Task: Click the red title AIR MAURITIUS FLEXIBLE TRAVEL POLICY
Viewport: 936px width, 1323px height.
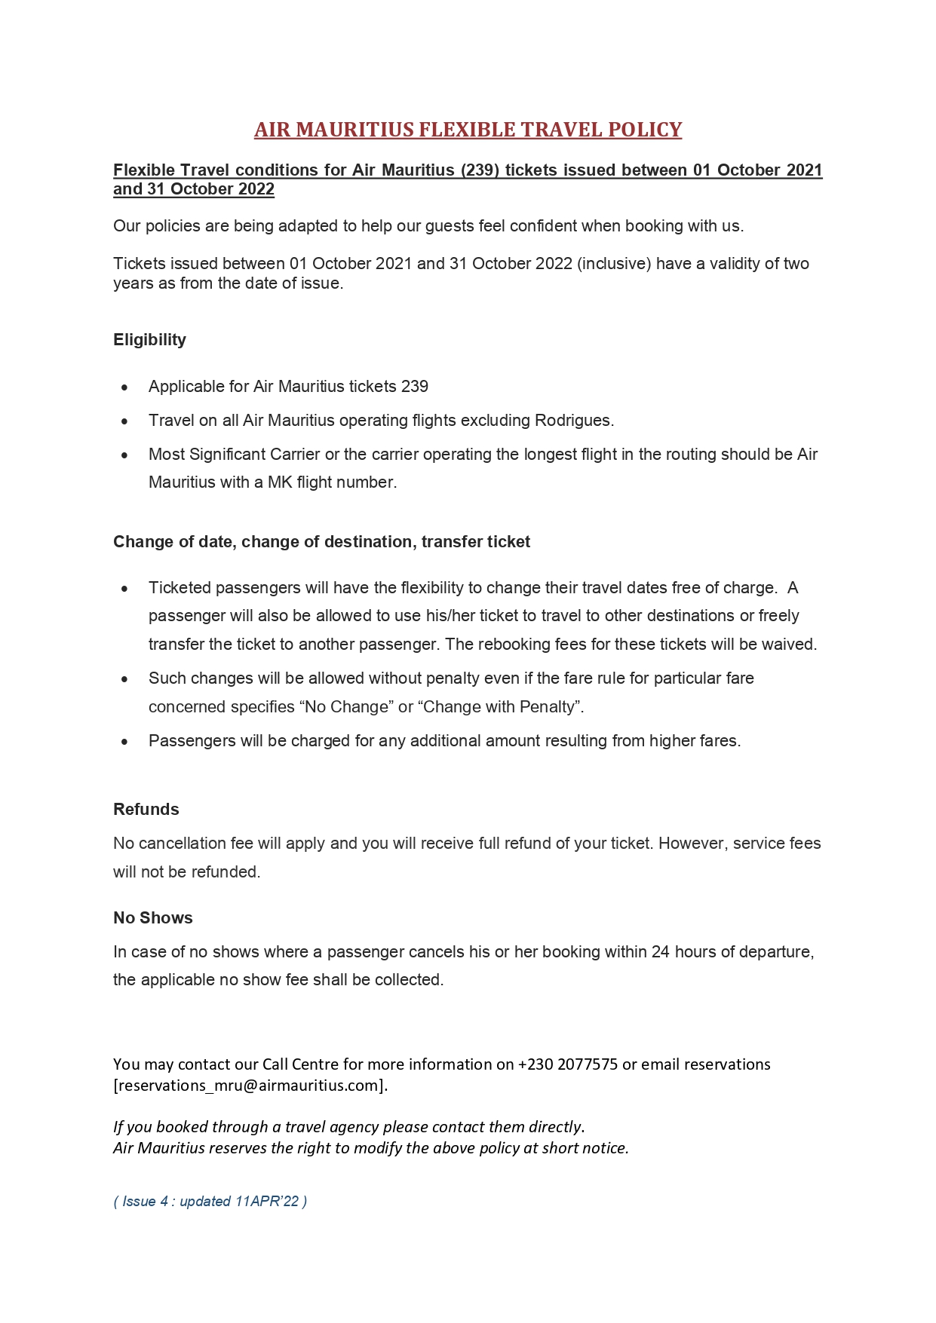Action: (x=468, y=130)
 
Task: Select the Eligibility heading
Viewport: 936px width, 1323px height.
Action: (x=149, y=340)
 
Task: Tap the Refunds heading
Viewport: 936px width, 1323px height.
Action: (x=146, y=810)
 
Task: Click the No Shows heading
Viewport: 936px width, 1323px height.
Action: (x=152, y=918)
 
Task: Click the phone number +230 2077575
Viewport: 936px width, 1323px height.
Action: (x=567, y=1064)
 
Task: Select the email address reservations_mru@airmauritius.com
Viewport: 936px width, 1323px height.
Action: (x=250, y=1086)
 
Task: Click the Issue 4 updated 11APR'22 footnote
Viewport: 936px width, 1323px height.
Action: (x=210, y=1202)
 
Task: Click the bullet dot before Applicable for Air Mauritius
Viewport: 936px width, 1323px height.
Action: (x=124, y=387)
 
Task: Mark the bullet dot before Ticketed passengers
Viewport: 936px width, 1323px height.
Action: (x=124, y=589)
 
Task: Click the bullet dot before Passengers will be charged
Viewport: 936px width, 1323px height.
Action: (x=124, y=742)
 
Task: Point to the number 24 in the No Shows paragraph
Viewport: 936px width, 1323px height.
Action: (x=661, y=952)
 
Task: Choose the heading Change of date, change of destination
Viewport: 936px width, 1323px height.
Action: (x=321, y=542)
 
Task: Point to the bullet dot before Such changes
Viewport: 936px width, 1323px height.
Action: (x=124, y=679)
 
